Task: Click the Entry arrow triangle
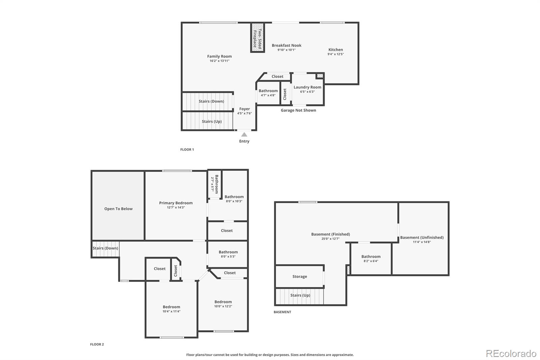pyautogui.click(x=244, y=134)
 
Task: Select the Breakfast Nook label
pyautogui.click(x=287, y=45)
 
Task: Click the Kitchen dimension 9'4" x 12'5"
pyautogui.click(x=335, y=54)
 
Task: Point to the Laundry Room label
pyautogui.click(x=307, y=87)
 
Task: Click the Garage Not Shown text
pyautogui.click(x=298, y=110)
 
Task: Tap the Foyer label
pyautogui.click(x=244, y=109)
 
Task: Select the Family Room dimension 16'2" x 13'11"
pyautogui.click(x=219, y=61)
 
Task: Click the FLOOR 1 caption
pyautogui.click(x=187, y=149)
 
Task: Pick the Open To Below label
pyautogui.click(x=118, y=209)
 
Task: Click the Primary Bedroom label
pyautogui.click(x=176, y=203)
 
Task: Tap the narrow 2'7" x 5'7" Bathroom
pyautogui.click(x=215, y=183)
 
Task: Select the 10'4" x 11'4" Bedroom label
pyautogui.click(x=171, y=307)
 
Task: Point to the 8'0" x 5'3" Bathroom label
pyautogui.click(x=228, y=252)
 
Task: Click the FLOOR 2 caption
pyautogui.click(x=97, y=344)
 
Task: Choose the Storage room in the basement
pyautogui.click(x=299, y=276)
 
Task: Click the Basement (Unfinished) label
pyautogui.click(x=422, y=237)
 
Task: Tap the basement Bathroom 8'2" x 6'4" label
pyautogui.click(x=371, y=257)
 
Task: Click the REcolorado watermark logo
pyautogui.click(x=511, y=353)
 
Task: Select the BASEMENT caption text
pyautogui.click(x=282, y=312)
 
